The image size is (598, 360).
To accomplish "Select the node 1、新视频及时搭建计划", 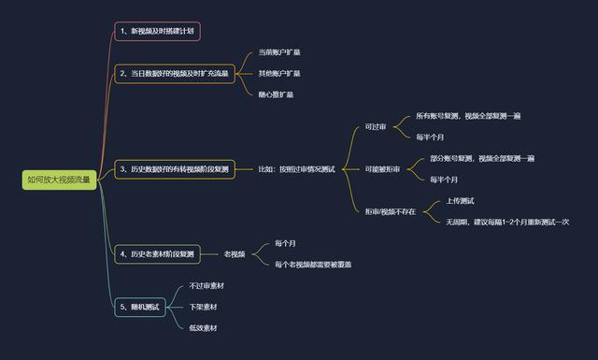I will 157,32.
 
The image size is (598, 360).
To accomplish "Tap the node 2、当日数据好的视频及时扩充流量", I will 175,73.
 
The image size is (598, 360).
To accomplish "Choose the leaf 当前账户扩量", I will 279,52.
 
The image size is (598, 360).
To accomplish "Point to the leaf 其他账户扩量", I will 279,73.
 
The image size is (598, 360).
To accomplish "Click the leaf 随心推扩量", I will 277,94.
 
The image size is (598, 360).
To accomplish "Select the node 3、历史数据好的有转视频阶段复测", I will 175,169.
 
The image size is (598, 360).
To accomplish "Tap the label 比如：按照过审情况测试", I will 296,169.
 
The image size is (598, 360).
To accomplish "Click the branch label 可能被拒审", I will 383,169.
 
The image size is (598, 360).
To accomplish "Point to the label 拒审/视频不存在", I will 391,211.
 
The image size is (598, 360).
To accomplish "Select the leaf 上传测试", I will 460,201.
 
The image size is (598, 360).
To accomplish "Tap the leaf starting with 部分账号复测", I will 482,158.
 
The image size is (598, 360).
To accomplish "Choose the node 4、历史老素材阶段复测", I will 157,253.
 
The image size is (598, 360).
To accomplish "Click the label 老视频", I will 235,253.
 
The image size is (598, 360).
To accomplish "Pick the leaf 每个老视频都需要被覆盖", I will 313,265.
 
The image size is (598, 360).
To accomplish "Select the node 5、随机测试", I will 140,307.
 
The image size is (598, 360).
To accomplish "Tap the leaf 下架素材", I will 204,307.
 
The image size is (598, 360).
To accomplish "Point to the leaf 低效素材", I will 204,328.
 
